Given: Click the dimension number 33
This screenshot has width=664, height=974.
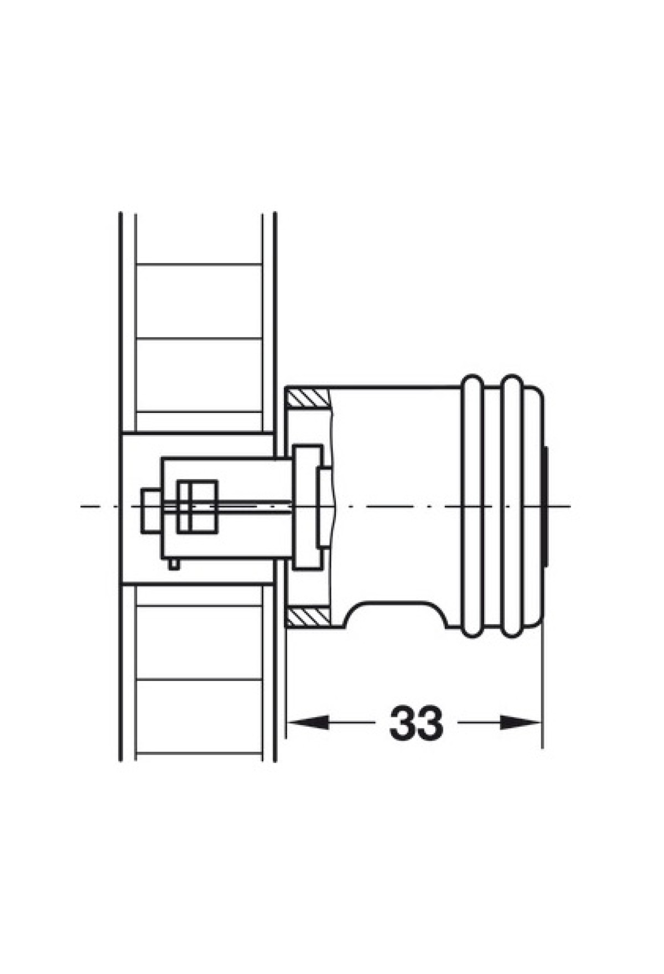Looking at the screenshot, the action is (416, 723).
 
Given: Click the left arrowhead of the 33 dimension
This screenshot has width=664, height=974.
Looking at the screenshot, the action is (307, 722).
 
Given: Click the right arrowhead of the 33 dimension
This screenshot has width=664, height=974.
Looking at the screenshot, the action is (521, 722).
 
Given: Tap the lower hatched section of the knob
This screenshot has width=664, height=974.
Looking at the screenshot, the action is (308, 617).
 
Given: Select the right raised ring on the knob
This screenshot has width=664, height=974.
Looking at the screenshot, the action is (512, 507).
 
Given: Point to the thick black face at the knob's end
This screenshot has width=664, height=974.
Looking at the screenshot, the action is (547, 507).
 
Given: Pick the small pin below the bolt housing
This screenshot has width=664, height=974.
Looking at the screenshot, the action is (174, 564).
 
